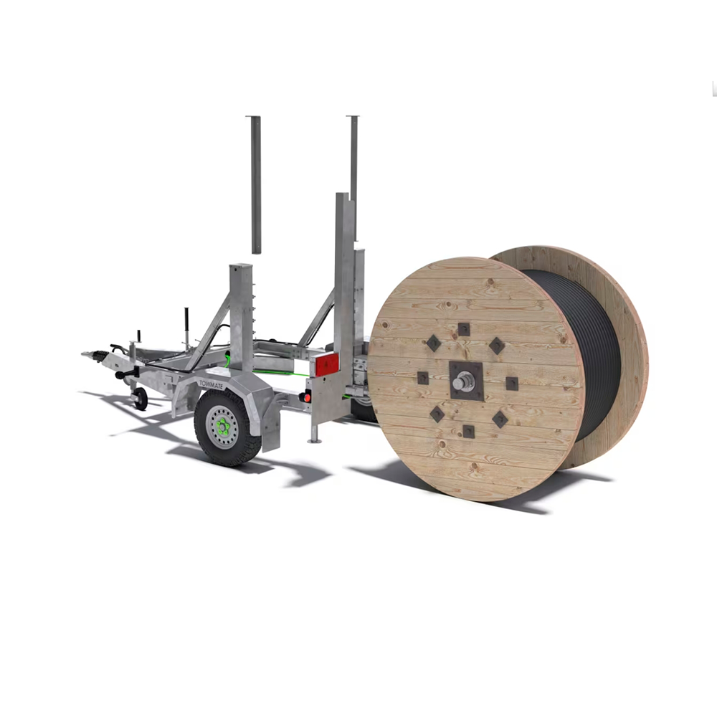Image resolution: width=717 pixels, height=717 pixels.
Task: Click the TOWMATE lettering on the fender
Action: [x=212, y=384]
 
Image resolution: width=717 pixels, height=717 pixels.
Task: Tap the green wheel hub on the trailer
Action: [x=223, y=427]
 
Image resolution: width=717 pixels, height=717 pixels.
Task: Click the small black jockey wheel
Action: [x=140, y=399]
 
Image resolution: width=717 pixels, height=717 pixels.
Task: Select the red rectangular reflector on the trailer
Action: [x=327, y=365]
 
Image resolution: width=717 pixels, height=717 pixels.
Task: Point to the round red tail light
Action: [x=307, y=398]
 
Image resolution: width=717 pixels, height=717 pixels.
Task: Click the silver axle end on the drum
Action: [x=463, y=381]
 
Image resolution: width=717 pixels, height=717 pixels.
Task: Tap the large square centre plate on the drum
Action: [x=466, y=381]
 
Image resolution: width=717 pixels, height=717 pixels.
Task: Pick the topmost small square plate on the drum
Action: [x=464, y=329]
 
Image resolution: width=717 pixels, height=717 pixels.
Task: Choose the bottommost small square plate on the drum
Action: [x=468, y=431]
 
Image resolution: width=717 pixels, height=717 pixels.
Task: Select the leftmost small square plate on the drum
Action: [x=423, y=378]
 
